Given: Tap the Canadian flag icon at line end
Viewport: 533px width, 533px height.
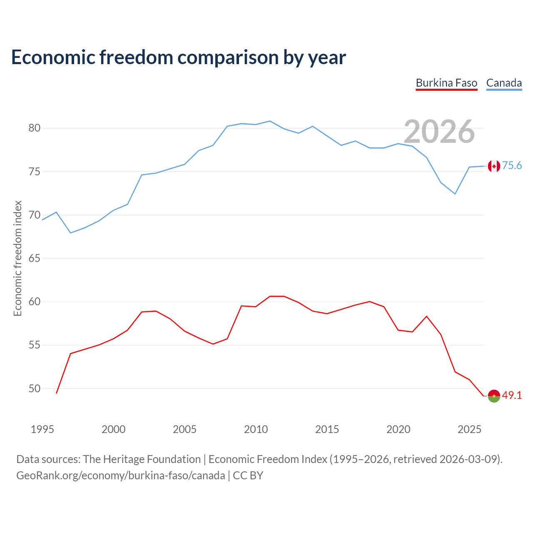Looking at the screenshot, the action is (494, 166).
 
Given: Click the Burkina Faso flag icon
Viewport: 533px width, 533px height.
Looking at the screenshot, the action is (494, 396).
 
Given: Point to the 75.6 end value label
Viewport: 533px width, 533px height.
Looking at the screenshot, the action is (512, 165).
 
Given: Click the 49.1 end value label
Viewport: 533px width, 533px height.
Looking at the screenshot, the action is (512, 395).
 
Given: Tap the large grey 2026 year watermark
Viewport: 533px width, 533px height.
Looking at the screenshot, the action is (439, 132).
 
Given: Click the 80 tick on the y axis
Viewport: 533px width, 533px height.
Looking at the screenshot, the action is (34, 128).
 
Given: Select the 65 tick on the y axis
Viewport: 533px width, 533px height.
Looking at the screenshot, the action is (34, 258).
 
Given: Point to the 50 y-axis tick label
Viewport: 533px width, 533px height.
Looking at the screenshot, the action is (34, 389).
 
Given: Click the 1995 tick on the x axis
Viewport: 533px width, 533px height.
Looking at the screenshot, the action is (42, 429).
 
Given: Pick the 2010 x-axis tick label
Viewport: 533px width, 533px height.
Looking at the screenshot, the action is (256, 429).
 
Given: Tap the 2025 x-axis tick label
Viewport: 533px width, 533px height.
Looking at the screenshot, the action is (469, 429).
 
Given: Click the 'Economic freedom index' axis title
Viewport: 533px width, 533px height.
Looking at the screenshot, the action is (17, 258).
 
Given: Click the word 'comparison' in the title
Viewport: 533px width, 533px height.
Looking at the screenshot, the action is (228, 57).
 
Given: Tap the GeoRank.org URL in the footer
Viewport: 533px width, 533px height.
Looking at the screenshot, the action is (121, 476).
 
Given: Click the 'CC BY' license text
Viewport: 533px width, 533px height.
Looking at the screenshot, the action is (248, 476).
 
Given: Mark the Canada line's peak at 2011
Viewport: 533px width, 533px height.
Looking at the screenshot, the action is (270, 121).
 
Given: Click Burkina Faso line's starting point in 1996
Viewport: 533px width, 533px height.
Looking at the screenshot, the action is (57, 393).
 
